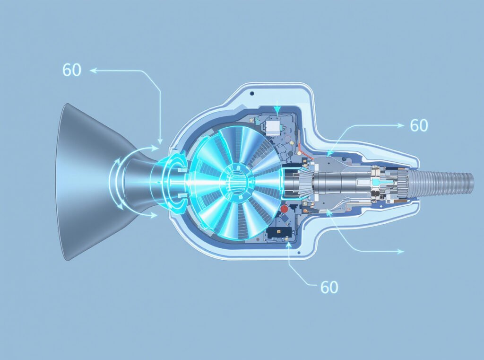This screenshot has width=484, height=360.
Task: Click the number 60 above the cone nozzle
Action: tap(72, 70)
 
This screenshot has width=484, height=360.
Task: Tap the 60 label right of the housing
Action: tap(419, 125)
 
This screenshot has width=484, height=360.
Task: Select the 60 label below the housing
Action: tap(329, 287)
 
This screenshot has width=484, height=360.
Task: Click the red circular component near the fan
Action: tap(284, 209)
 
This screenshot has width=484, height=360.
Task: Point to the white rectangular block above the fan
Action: tap(272, 128)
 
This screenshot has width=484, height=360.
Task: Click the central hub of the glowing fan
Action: tap(235, 180)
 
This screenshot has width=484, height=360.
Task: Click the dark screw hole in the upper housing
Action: tap(252, 93)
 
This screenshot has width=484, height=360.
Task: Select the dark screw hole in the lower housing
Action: tap(299, 253)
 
